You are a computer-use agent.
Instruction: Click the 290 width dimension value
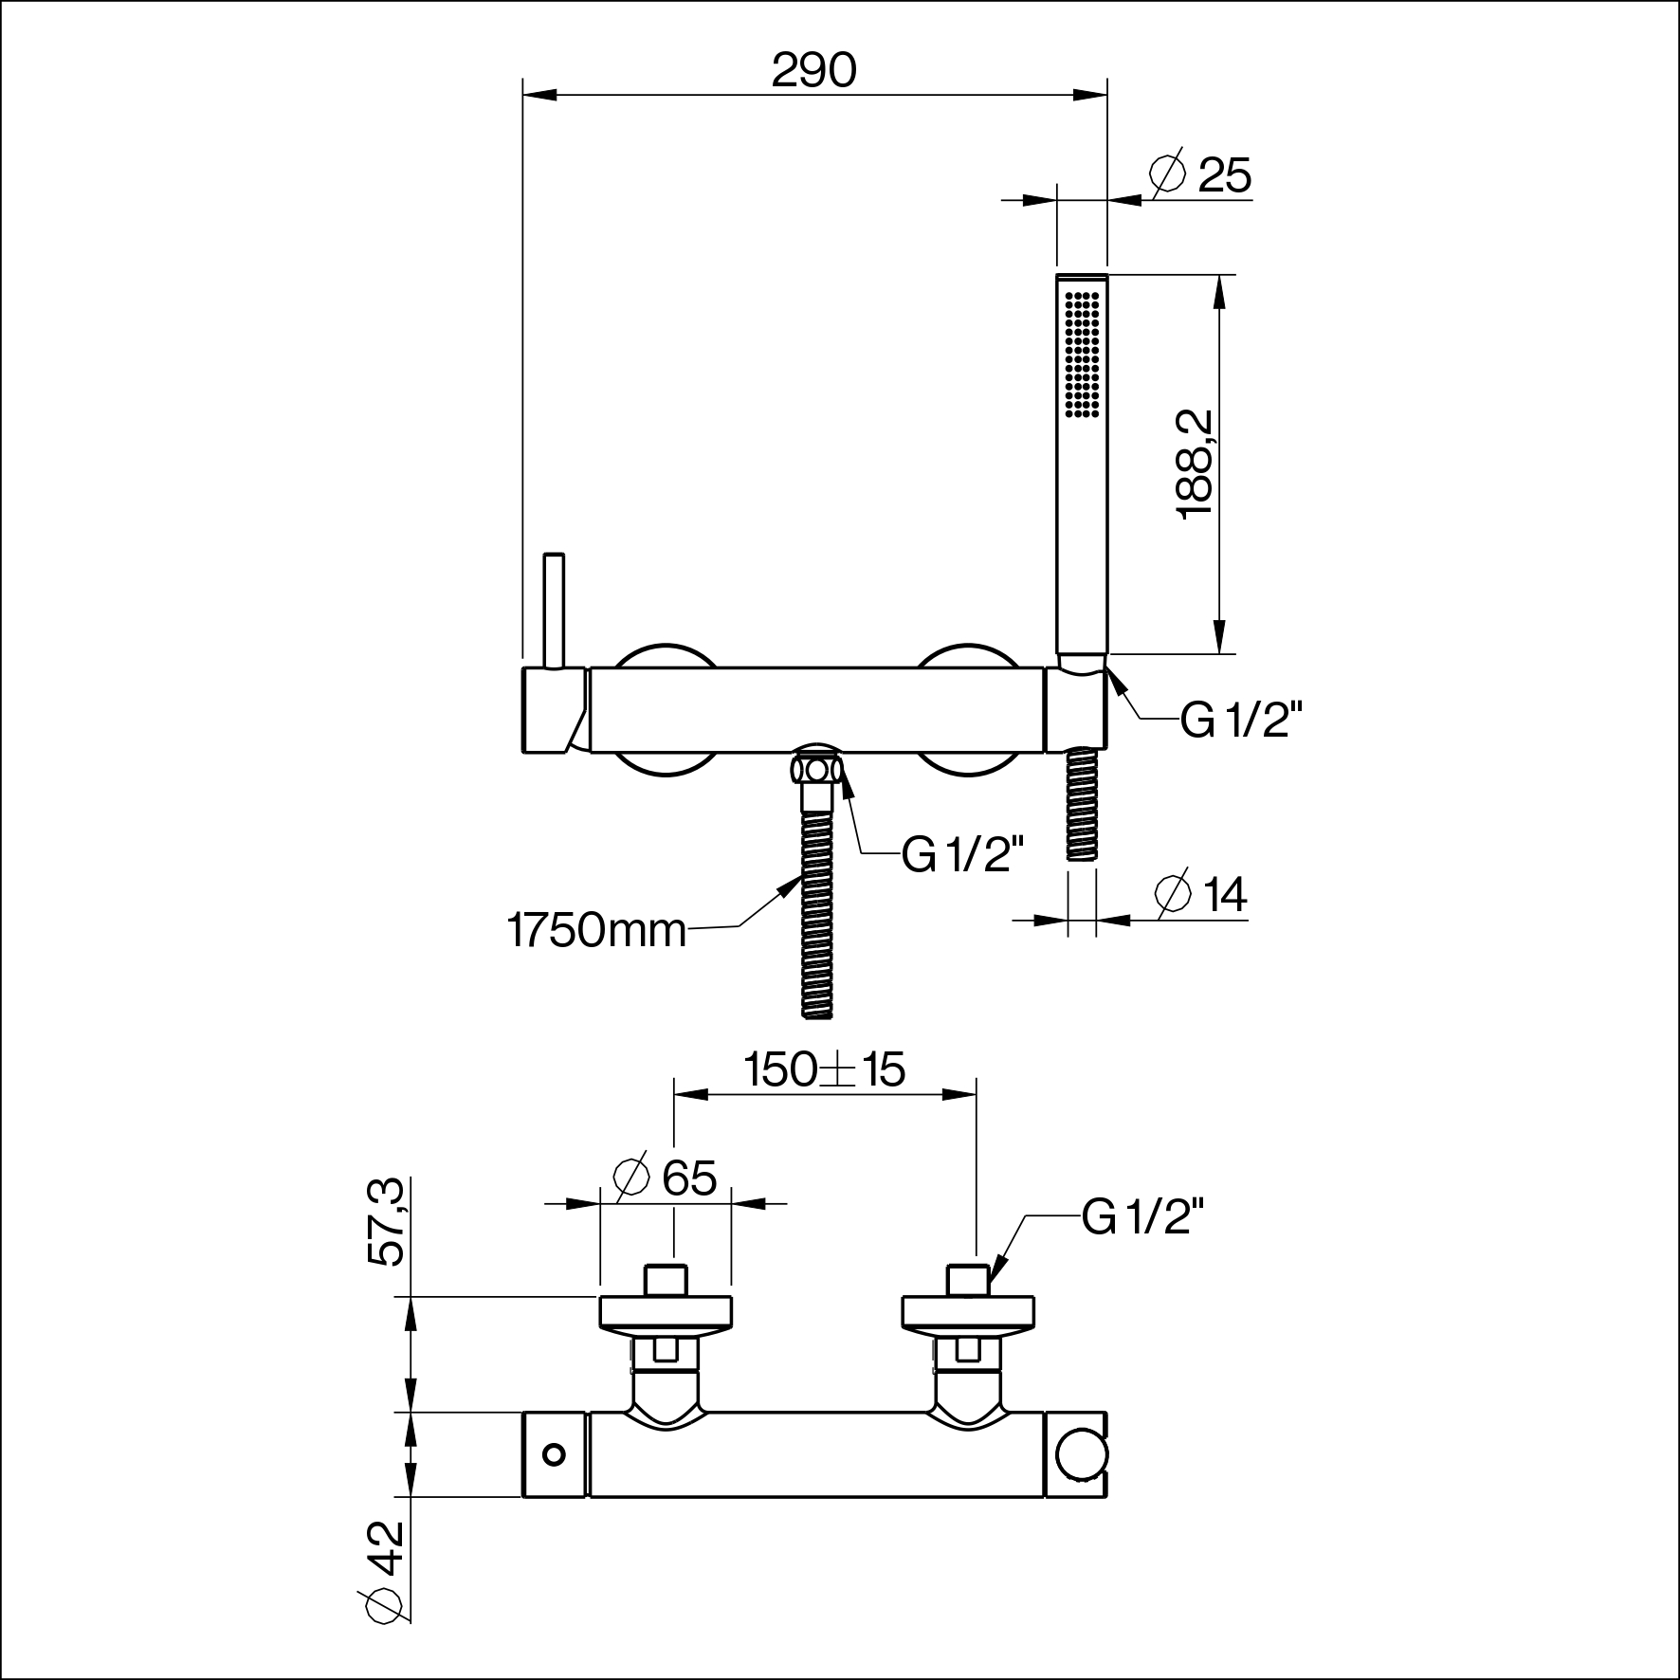[813, 70]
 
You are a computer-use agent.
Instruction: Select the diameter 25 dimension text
[1200, 173]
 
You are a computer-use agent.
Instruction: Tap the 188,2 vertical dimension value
[1195, 464]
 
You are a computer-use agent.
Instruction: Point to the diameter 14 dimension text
[1201, 894]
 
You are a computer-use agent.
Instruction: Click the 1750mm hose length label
[596, 930]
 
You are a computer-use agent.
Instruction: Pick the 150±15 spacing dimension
[825, 1070]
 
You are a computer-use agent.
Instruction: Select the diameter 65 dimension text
[666, 1178]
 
